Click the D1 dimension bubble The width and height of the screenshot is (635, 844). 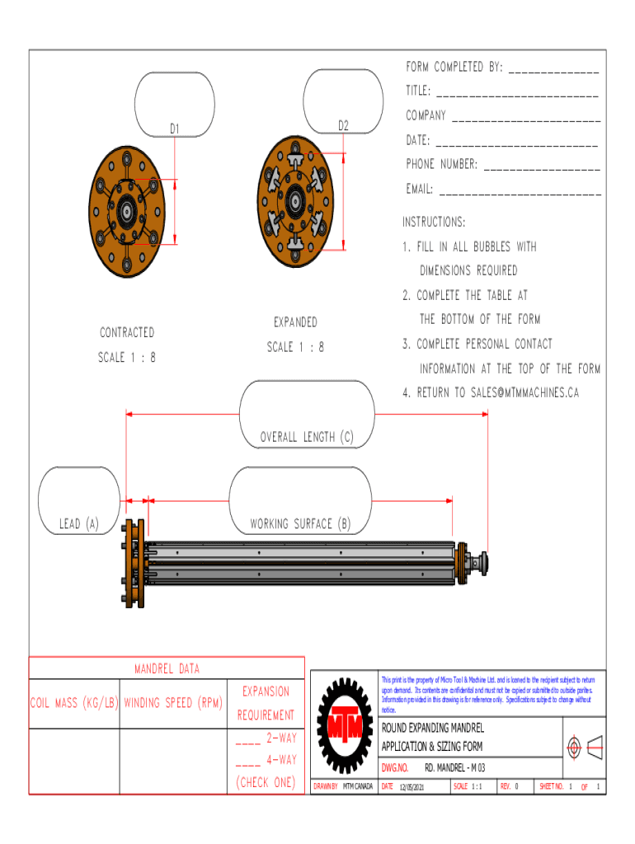(175, 104)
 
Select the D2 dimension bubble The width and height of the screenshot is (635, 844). (343, 101)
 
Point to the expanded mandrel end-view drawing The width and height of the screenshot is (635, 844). (294, 201)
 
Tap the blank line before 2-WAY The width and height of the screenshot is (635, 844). (248, 738)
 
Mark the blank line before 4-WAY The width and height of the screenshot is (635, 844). (248, 761)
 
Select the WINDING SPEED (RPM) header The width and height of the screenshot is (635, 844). (172, 703)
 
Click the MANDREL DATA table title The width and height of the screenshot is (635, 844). (167, 668)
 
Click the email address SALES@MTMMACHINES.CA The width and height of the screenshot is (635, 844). (524, 393)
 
